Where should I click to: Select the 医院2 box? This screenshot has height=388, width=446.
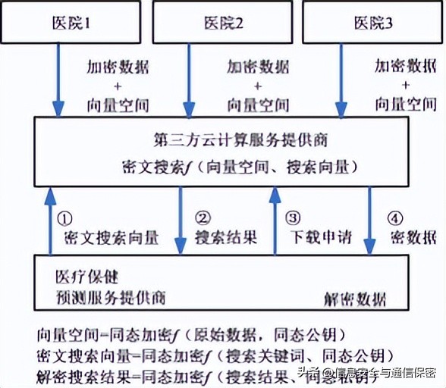tap(223, 22)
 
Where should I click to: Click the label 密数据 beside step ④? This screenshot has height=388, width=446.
tap(413, 238)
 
